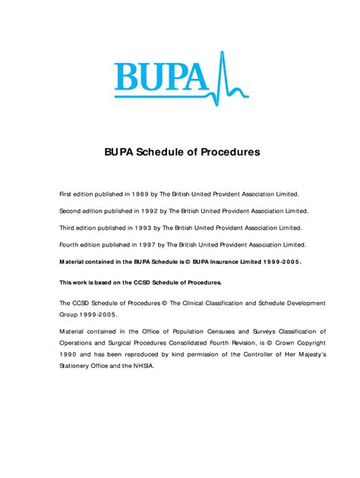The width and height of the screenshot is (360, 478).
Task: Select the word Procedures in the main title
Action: (x=230, y=152)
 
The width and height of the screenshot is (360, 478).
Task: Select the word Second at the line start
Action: (x=71, y=211)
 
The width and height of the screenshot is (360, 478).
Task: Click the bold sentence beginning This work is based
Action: (x=141, y=282)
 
